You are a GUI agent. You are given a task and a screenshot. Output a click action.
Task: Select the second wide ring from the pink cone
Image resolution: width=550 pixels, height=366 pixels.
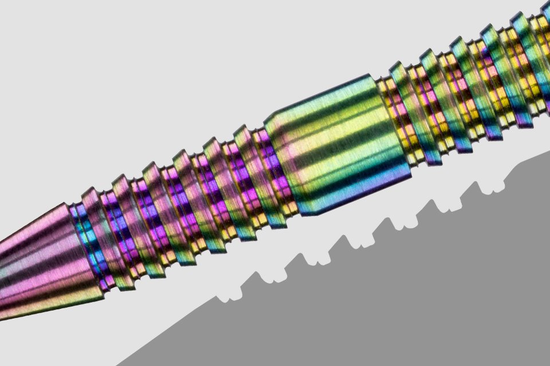coord(129,223)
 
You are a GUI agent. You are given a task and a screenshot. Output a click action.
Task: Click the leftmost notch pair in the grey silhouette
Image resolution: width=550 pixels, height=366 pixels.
coord(228,296)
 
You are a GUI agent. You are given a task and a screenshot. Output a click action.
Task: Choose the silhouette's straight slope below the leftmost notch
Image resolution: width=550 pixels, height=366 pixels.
coord(172,332)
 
